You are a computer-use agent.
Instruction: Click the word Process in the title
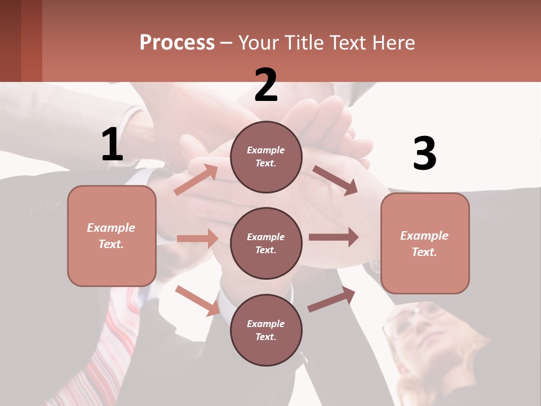point(177,43)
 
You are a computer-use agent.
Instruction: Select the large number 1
point(112,145)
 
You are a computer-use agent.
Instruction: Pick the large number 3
point(424,154)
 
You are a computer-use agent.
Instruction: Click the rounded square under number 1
point(112,236)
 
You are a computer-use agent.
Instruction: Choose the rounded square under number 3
point(425,243)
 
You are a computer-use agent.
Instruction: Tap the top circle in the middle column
point(266,157)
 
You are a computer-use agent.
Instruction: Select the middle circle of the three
point(266,243)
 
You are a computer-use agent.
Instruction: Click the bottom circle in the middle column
point(266,330)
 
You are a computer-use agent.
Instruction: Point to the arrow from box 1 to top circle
point(196,179)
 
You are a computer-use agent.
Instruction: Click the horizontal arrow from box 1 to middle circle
point(197,239)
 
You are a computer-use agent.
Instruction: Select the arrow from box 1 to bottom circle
point(197,301)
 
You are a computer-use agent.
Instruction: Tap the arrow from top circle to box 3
point(335,180)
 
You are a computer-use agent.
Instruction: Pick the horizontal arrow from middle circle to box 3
point(334,237)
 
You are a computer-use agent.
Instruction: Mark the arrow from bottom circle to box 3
point(331,299)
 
